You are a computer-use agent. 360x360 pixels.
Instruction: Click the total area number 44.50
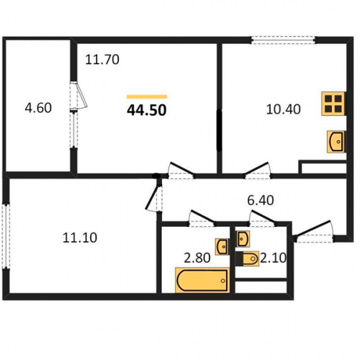[x=147, y=111]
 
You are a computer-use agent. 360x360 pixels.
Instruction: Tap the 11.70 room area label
[x=102, y=60]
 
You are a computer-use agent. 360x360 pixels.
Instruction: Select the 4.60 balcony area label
[x=38, y=108]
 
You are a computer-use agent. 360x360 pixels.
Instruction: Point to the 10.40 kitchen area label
[x=284, y=109]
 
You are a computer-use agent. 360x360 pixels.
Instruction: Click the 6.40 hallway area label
[x=261, y=200]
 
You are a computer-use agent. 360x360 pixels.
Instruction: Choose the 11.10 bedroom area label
[x=80, y=238]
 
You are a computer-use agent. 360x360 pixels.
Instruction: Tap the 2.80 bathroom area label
[x=197, y=258]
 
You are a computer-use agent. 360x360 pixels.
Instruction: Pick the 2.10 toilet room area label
[x=273, y=258]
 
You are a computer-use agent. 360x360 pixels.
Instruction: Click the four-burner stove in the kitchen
[x=334, y=104]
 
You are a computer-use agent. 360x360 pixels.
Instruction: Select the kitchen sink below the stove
[x=336, y=142]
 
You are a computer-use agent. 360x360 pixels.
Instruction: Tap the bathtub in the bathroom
[x=202, y=280]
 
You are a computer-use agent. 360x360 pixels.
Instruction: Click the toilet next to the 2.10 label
[x=247, y=258]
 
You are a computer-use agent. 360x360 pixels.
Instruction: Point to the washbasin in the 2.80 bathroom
[x=222, y=246]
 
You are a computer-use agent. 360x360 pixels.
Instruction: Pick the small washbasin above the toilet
[x=243, y=238]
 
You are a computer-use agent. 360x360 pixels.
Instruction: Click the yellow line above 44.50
[x=147, y=96]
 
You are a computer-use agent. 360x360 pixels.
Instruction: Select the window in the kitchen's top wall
[x=283, y=40]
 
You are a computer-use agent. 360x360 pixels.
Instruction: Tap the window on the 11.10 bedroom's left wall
[x=6, y=236]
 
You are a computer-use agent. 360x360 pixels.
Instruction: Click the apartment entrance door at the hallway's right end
[x=314, y=232]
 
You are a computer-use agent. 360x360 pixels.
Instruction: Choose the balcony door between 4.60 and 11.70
[x=78, y=114]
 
